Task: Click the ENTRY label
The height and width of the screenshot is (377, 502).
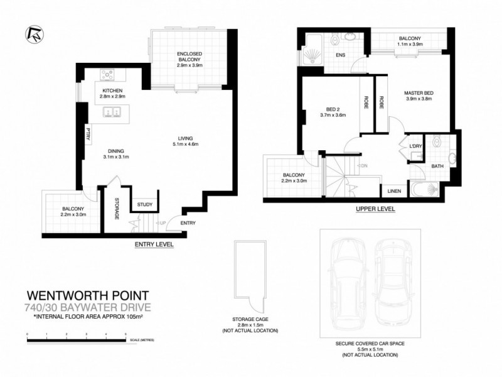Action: (188, 223)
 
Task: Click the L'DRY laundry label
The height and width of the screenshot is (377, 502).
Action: (415, 146)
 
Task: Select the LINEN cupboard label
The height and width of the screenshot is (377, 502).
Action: (394, 190)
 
